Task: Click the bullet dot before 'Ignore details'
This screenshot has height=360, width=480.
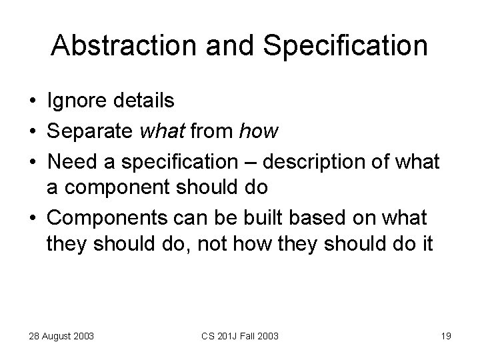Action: click(x=32, y=101)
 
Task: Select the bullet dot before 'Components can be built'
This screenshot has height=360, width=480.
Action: click(x=32, y=219)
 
